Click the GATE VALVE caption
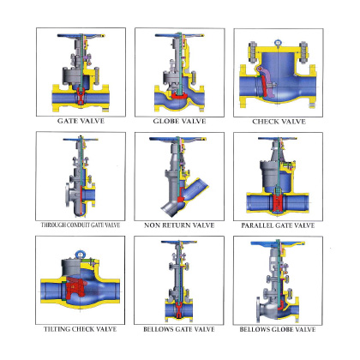click(x=81, y=121)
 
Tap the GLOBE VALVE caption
click(x=179, y=121)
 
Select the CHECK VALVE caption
click(x=279, y=122)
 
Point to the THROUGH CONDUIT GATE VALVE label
click(x=81, y=225)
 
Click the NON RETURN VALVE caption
click(x=179, y=225)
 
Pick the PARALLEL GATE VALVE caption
click(x=278, y=225)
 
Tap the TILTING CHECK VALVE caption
click(x=81, y=329)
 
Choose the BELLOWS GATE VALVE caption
click(x=179, y=329)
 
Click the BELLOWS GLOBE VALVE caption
click(x=278, y=329)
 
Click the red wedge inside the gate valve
click(x=81, y=96)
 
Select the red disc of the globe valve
click(x=179, y=96)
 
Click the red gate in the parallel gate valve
click(x=277, y=203)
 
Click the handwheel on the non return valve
click(x=177, y=140)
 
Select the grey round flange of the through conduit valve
click(x=68, y=195)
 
